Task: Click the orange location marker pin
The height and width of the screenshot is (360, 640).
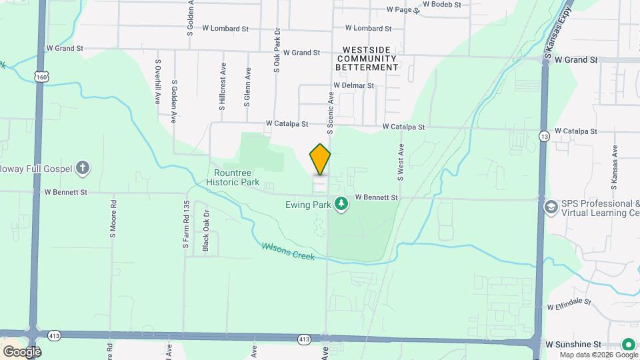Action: (321, 159)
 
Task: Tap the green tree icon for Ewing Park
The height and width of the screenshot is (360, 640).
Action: (341, 203)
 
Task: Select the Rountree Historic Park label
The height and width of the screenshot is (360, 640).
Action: (233, 177)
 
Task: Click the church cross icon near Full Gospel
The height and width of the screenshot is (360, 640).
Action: (83, 167)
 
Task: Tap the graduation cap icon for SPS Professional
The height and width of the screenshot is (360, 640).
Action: (551, 208)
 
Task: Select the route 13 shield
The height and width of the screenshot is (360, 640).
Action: (545, 136)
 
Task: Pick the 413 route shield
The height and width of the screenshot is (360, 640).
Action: (305, 339)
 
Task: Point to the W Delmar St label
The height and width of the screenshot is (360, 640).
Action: (353, 85)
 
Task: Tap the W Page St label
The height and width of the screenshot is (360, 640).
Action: (403, 10)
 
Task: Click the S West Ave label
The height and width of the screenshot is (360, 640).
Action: (401, 162)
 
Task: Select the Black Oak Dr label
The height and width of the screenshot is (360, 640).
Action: (207, 232)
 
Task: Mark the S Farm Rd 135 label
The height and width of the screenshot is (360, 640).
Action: (187, 225)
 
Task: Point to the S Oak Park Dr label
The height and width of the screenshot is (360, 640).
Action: (276, 51)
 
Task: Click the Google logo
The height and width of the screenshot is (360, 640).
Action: (21, 351)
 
